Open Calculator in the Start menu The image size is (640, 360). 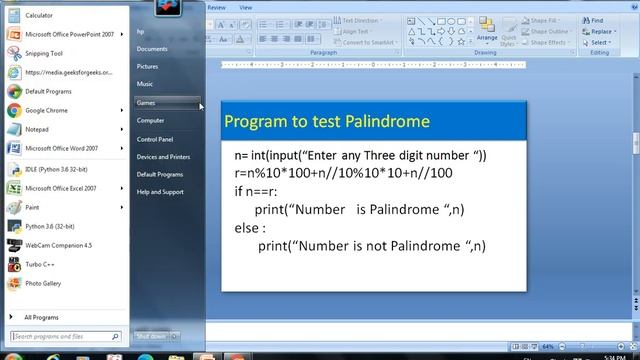[39, 16]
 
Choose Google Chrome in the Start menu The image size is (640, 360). [46, 110]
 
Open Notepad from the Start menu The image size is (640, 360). [37, 129]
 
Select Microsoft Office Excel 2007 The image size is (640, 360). [60, 188]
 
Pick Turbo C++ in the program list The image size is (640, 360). [39, 264]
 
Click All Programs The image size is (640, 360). [41, 317]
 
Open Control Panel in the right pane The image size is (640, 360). [155, 139]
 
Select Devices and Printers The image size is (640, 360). [163, 157]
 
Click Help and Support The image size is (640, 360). [160, 192]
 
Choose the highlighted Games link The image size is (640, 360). [146, 102]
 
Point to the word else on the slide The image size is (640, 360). [246, 227]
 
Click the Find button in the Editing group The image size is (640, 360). [597, 20]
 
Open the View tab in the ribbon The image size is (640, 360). [246, 7]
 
